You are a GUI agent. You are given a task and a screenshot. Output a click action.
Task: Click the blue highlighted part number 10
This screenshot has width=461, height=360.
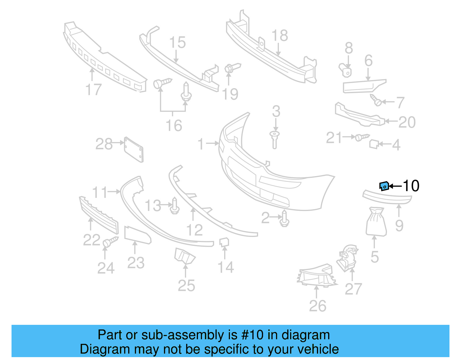tap(384, 186)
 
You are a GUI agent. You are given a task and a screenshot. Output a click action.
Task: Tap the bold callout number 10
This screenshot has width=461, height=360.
tap(411, 186)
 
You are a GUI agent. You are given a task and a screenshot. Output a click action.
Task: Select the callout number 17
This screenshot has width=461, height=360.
tap(94, 90)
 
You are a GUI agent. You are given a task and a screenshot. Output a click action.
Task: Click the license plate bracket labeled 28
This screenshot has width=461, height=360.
tap(134, 150)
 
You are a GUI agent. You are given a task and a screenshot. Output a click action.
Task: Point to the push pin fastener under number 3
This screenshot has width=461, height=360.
tap(275, 140)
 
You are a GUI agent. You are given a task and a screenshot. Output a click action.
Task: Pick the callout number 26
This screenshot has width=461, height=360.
tap(318, 306)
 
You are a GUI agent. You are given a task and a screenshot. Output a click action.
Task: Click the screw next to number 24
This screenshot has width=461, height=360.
tap(110, 242)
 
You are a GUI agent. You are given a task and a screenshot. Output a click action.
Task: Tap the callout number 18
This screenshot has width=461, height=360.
tap(279, 35)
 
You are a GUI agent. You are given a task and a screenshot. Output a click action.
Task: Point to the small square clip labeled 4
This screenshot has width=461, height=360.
tap(374, 144)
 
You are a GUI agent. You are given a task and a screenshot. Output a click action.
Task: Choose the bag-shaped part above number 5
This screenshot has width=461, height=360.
tap(376, 222)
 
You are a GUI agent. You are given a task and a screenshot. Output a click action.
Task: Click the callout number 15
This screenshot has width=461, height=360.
tap(177, 43)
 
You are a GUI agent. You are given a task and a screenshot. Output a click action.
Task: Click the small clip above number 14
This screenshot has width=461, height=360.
tap(224, 242)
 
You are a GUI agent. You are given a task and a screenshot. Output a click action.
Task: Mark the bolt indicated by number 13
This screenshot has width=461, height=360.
tap(175, 206)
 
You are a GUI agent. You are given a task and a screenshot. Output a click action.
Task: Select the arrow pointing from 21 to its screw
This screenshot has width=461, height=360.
tap(349, 137)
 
